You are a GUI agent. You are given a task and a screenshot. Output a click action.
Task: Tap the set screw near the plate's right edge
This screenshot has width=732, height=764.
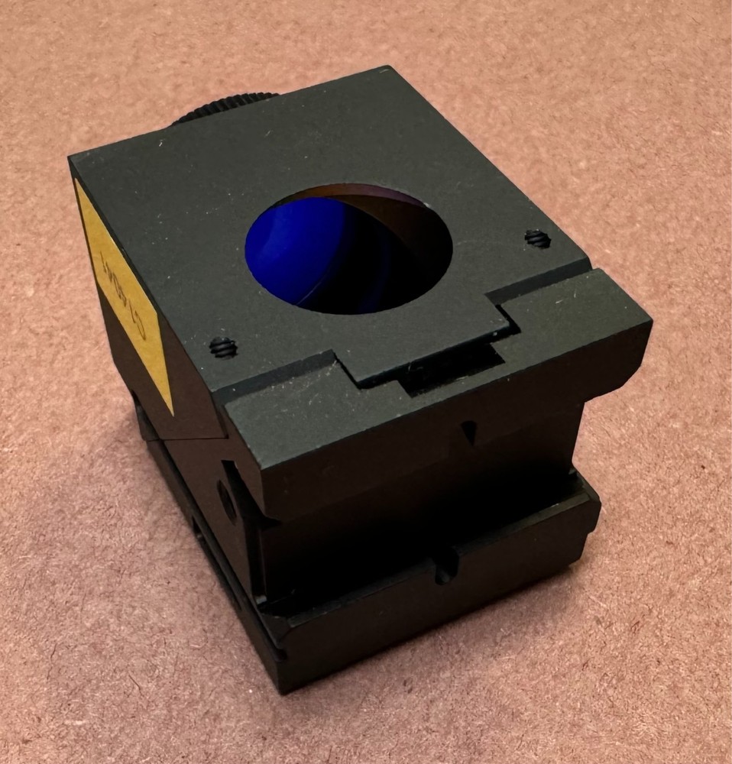pyautogui.click(x=537, y=239)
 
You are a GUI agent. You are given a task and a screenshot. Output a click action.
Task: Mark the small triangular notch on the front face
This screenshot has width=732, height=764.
pyautogui.click(x=467, y=432)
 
